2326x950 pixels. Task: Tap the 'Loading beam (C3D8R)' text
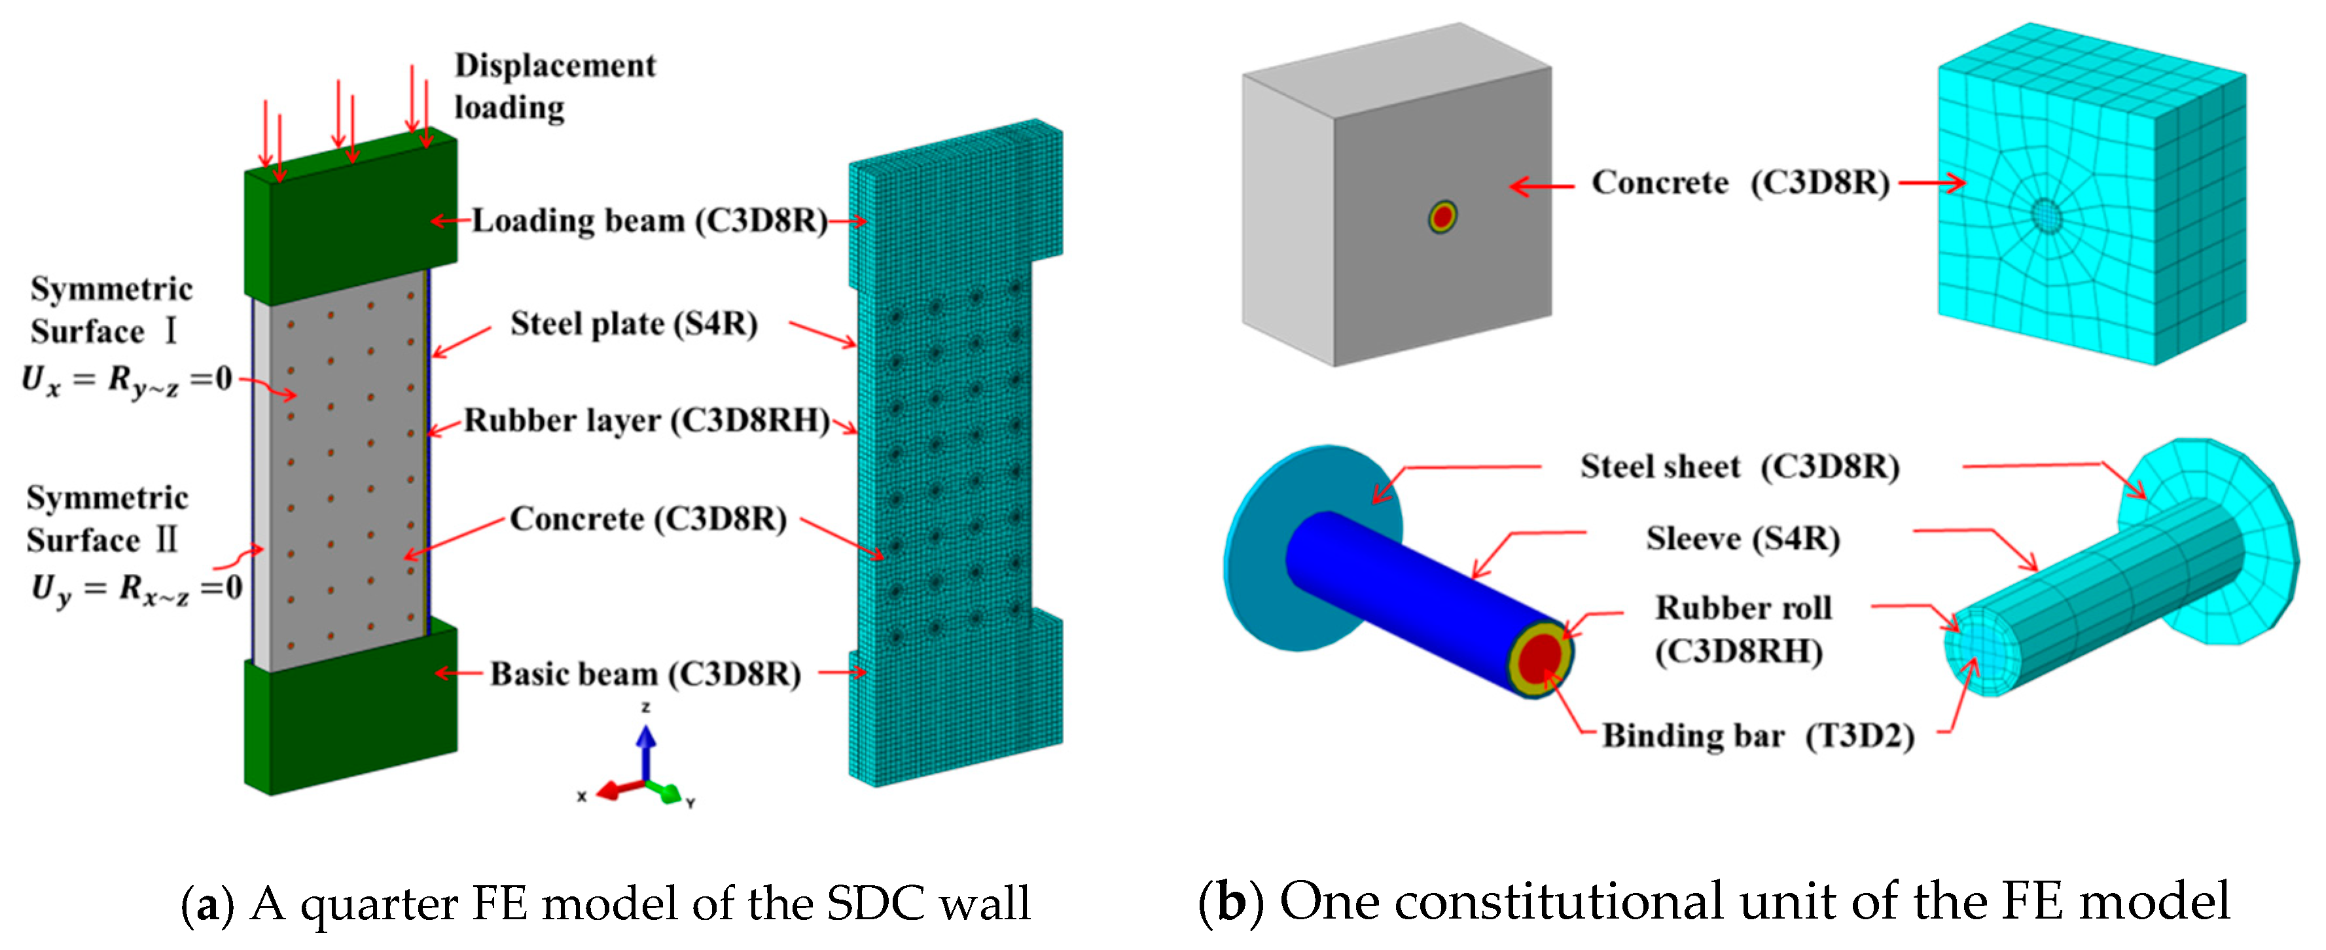coord(649,221)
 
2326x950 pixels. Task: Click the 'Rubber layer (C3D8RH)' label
coord(647,421)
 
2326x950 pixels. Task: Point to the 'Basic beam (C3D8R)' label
coord(645,675)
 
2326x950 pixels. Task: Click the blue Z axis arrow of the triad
coord(645,750)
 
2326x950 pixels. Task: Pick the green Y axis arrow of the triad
coord(671,794)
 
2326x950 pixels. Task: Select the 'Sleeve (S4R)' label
coord(1742,539)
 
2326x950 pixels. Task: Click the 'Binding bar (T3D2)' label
coord(1757,736)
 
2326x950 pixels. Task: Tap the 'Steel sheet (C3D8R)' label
coord(1739,467)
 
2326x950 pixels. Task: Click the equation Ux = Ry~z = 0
coord(126,379)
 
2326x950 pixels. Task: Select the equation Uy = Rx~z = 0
coord(135,589)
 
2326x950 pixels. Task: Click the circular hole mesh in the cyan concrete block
coord(2046,215)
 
